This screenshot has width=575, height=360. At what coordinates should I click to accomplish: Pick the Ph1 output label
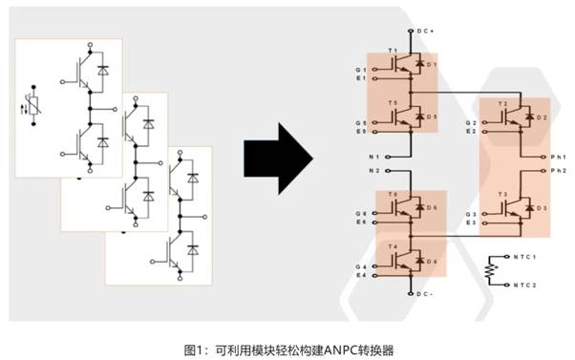point(560,155)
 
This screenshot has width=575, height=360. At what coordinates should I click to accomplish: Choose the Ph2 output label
point(560,170)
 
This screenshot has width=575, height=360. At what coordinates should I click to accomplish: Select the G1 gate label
point(360,69)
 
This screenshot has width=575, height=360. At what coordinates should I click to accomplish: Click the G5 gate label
point(360,122)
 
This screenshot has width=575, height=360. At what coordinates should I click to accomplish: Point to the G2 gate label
point(470,123)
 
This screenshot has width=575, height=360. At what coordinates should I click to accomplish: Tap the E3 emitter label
point(470,222)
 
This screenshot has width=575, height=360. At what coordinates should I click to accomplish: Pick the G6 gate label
point(360,212)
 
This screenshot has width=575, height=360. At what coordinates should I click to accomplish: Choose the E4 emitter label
point(360,275)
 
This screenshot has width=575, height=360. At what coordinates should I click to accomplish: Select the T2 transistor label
point(503,102)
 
